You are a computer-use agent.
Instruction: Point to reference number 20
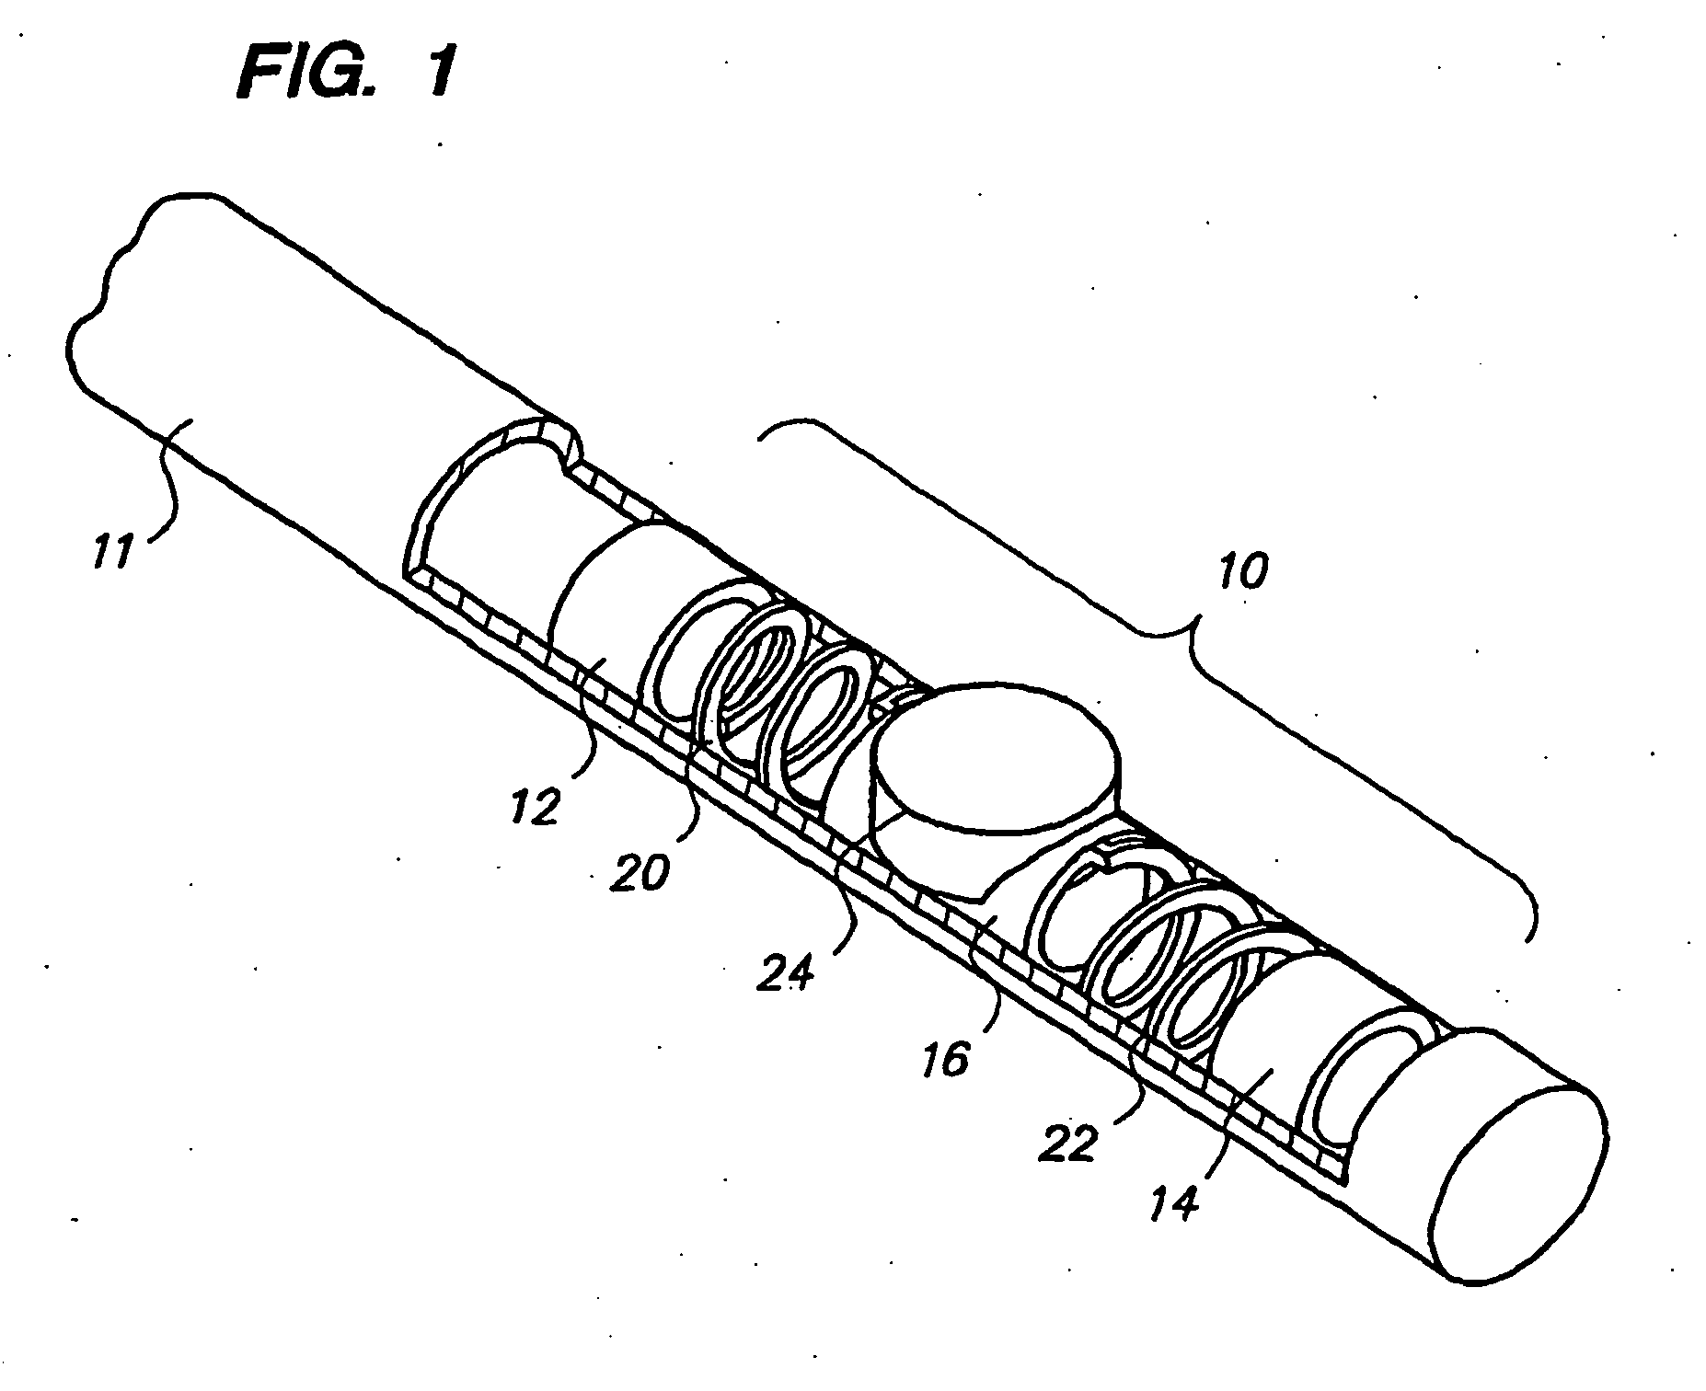click(640, 869)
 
